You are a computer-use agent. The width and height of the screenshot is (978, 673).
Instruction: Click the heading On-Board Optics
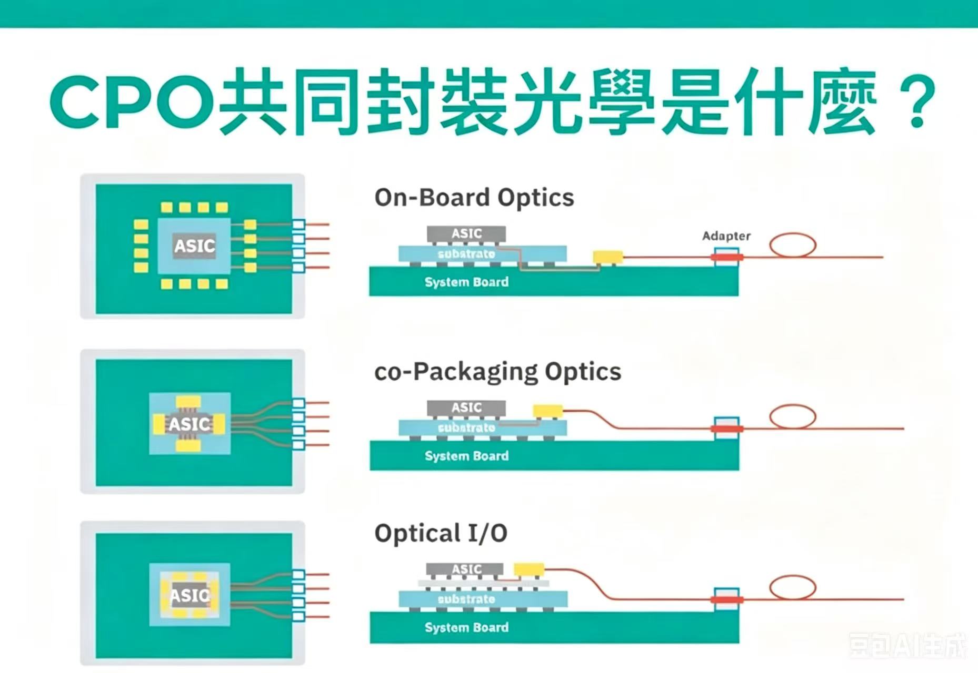pyautogui.click(x=474, y=198)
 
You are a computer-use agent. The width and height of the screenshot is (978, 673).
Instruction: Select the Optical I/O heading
pyautogui.click(x=441, y=533)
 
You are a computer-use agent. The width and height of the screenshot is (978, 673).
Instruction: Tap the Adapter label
pyautogui.click(x=726, y=236)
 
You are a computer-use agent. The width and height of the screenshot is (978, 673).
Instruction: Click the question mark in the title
pyautogui.click(x=917, y=101)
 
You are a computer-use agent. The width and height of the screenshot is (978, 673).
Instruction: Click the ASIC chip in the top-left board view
pyautogui.click(x=195, y=246)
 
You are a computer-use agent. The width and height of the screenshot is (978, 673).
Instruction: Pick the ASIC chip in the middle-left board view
pyautogui.click(x=189, y=424)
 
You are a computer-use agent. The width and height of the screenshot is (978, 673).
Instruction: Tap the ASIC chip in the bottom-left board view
pyautogui.click(x=190, y=595)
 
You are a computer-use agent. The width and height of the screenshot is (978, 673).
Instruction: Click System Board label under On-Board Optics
pyautogui.click(x=467, y=282)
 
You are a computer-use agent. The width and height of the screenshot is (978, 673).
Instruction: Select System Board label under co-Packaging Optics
pyautogui.click(x=467, y=456)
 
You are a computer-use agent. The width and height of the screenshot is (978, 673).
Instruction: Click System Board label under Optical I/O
pyautogui.click(x=467, y=627)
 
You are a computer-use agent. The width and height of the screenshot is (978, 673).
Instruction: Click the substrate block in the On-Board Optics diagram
pyautogui.click(x=483, y=254)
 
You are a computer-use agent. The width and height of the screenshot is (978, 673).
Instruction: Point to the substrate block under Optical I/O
pyautogui.click(x=483, y=599)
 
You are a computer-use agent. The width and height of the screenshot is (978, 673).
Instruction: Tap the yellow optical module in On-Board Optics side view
pyautogui.click(x=608, y=257)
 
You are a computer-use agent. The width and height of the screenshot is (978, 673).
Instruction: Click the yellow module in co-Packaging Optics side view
pyautogui.click(x=548, y=411)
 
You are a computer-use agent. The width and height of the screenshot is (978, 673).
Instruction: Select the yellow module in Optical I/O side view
pyautogui.click(x=529, y=569)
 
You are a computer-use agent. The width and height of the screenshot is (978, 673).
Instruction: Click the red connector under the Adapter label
pyautogui.click(x=727, y=257)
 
